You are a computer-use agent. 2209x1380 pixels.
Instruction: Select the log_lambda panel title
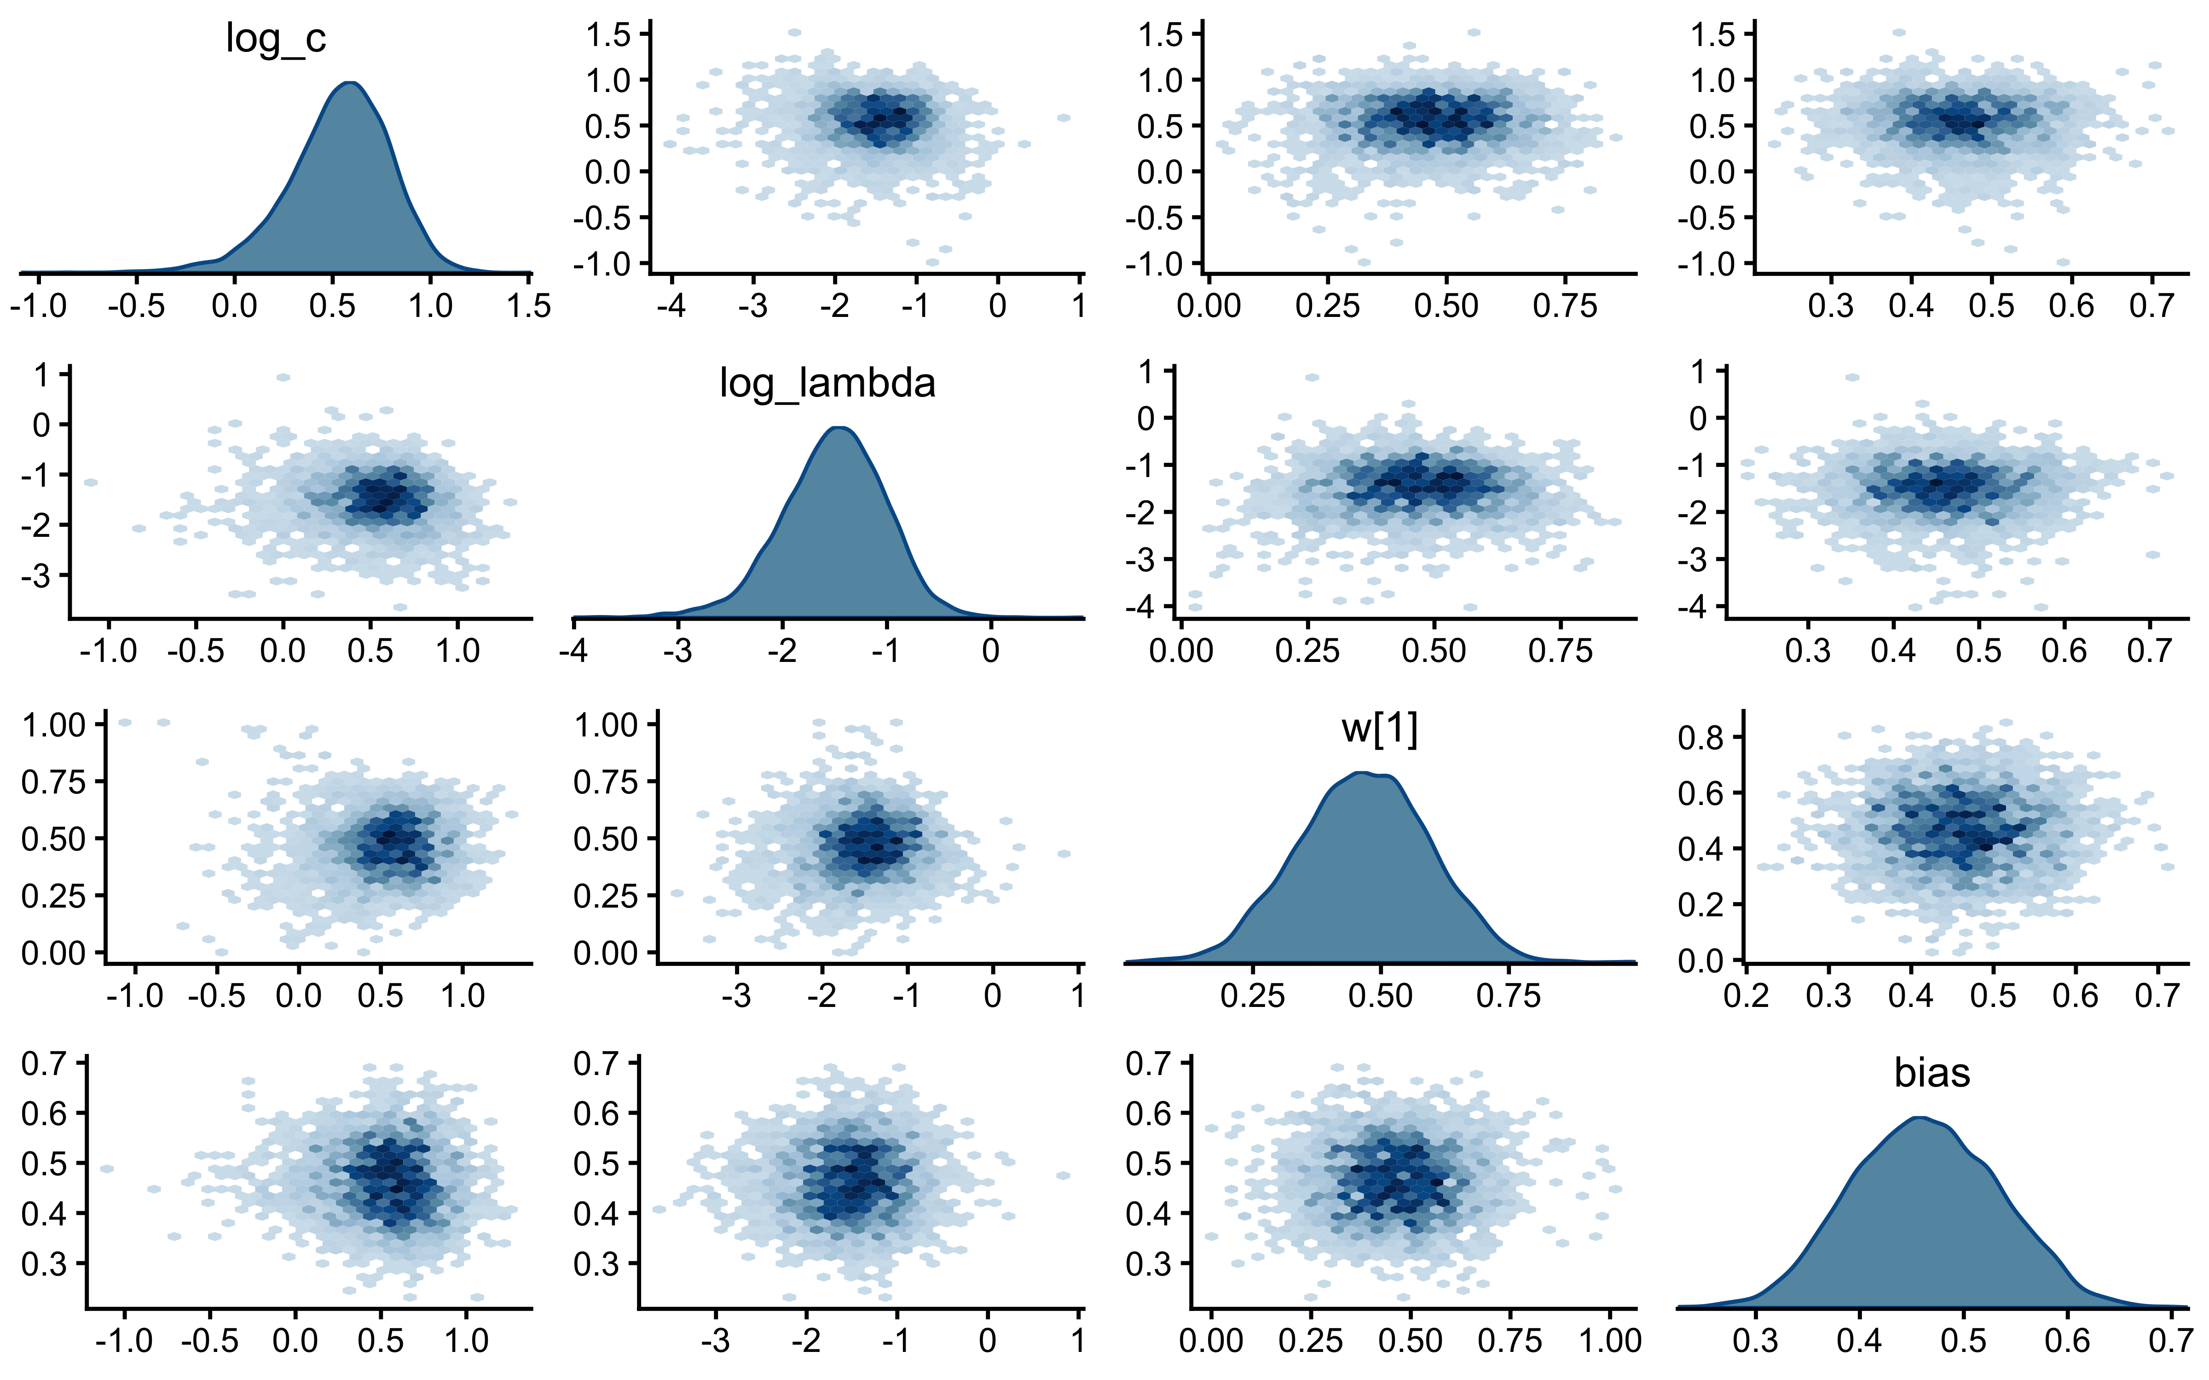(827, 383)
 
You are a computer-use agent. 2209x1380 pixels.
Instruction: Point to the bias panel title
(1931, 1073)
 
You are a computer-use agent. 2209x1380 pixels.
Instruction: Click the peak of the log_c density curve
(351, 83)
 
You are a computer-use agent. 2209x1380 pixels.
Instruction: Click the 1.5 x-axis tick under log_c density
(528, 305)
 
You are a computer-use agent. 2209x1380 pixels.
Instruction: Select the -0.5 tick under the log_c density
(136, 305)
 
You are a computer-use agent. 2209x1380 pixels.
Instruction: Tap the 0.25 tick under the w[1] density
(1252, 995)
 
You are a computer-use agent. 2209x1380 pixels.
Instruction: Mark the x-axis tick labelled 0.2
(1746, 995)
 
